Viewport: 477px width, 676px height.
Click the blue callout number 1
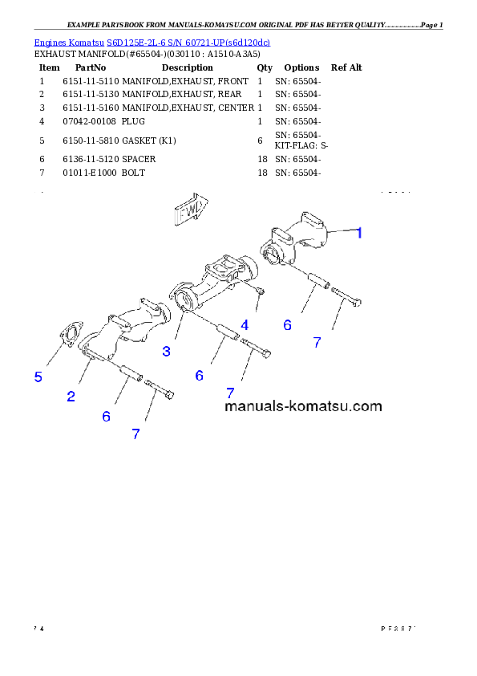click(x=360, y=233)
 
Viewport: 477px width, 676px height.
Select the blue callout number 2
click(x=71, y=396)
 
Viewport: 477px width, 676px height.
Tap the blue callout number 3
click(x=166, y=351)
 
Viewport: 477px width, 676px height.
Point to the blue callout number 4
click(x=245, y=325)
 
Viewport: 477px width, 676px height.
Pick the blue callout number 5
click(x=38, y=377)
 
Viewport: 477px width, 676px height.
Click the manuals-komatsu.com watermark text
click(x=303, y=406)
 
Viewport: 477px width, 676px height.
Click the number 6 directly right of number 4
click(x=287, y=325)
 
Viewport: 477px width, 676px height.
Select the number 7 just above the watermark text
click(x=230, y=393)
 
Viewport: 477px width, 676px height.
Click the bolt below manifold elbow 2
click(x=160, y=392)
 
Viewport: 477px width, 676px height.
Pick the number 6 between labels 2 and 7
click(x=106, y=416)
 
